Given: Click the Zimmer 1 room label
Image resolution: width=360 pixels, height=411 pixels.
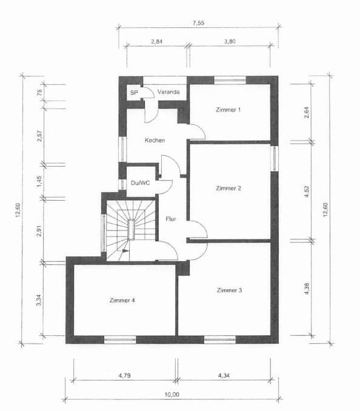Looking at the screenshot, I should point(228,110).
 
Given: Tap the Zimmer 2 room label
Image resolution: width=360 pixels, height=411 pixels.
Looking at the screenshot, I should point(228,189).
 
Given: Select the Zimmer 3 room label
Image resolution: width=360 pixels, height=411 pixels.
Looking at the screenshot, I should point(229,290).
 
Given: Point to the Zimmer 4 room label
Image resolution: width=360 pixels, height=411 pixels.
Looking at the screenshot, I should point(123,300).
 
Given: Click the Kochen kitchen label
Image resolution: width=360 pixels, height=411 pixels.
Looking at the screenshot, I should point(155,140).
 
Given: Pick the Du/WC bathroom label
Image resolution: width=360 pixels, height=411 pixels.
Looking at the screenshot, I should point(140,182).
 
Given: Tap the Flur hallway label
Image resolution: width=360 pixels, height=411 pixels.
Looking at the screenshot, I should point(171,219).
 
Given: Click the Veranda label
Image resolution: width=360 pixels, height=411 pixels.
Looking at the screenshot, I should point(168,92).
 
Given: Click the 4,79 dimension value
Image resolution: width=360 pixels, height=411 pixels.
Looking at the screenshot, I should point(125,376).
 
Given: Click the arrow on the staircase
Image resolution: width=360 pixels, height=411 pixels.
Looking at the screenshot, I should point(124,249).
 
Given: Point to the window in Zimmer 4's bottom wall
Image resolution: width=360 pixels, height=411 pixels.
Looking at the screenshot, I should point(119,340).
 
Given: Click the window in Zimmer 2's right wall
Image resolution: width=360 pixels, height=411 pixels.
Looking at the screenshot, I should point(274,159).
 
